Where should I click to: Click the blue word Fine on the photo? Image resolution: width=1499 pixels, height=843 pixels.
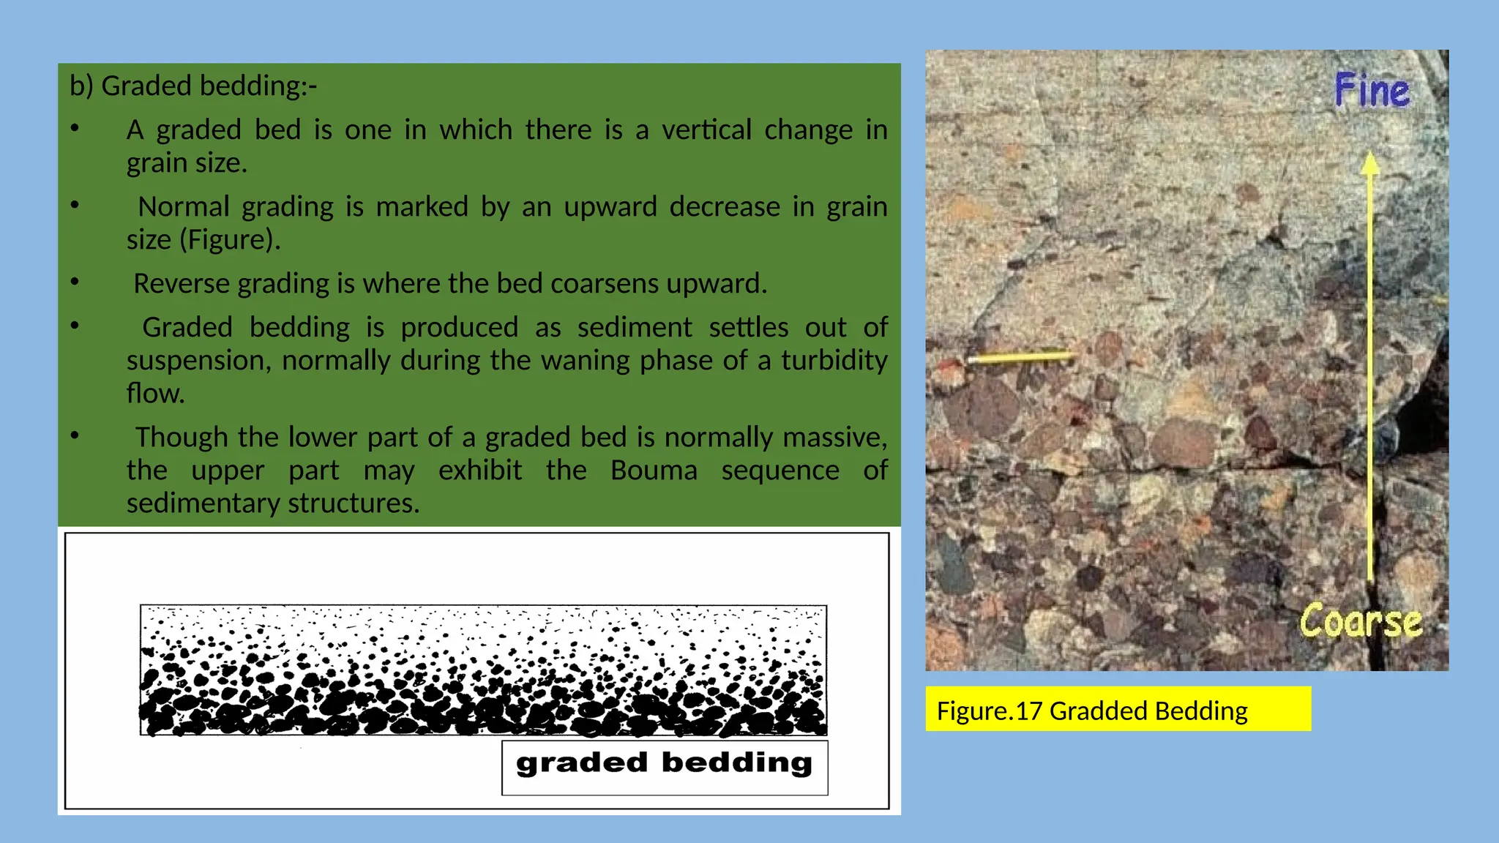coord(1372,91)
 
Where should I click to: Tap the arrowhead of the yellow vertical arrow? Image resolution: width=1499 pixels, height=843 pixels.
coord(1370,162)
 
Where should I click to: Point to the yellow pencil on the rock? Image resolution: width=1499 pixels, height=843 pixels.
coord(1021,358)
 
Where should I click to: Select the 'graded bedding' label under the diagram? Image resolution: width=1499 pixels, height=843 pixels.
coord(664,764)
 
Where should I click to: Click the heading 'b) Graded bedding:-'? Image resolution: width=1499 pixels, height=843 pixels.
coord(193,86)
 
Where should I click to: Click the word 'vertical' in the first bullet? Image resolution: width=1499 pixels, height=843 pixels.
coord(706,130)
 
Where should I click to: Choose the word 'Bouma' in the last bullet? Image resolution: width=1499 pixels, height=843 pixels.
coord(654,471)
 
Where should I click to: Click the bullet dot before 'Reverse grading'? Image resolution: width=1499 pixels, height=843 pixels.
coord(75,282)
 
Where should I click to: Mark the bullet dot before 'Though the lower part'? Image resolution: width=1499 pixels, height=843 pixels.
coord(75,435)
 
